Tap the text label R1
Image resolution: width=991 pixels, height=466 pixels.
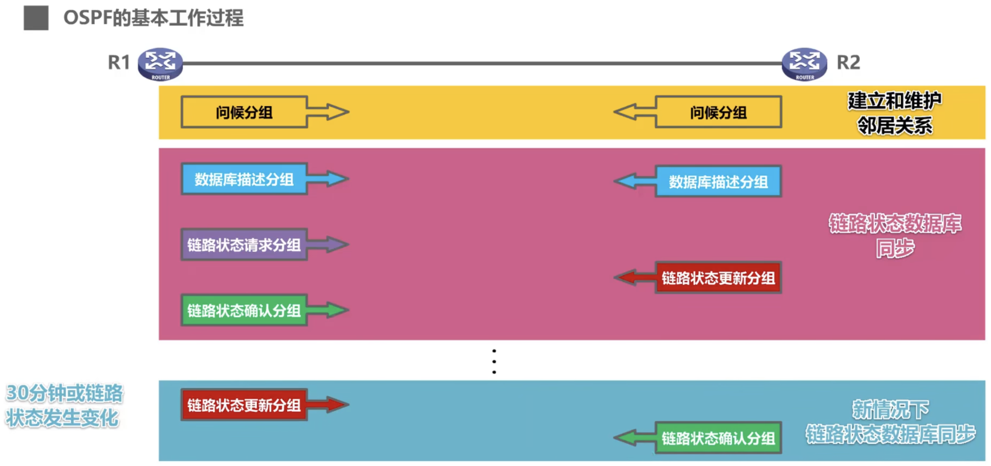pos(118,63)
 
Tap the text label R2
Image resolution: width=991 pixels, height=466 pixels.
pos(848,63)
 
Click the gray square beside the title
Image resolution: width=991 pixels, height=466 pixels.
pos(36,18)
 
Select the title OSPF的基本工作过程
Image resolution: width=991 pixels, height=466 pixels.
pos(153,18)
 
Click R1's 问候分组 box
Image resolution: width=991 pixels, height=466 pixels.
pos(244,112)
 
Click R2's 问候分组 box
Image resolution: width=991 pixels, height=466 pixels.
pos(718,112)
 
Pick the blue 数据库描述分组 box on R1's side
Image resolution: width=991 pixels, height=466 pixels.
pos(244,179)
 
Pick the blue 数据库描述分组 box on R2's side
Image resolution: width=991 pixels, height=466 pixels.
pos(718,182)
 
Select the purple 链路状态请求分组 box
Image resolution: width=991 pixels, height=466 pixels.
pos(244,245)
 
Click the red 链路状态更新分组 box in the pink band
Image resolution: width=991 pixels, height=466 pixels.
pos(718,278)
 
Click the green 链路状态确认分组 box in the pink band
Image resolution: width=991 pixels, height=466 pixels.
pos(244,310)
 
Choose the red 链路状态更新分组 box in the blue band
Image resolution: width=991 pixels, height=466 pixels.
pos(244,405)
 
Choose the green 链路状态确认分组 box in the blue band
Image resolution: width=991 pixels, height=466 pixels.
pos(718,438)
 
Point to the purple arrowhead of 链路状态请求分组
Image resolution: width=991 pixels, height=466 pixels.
pos(337,245)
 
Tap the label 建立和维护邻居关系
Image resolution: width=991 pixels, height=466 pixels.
pos(894,113)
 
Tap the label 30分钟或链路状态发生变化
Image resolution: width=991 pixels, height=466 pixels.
pos(64,405)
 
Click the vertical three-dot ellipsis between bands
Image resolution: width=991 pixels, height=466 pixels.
pos(494,361)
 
